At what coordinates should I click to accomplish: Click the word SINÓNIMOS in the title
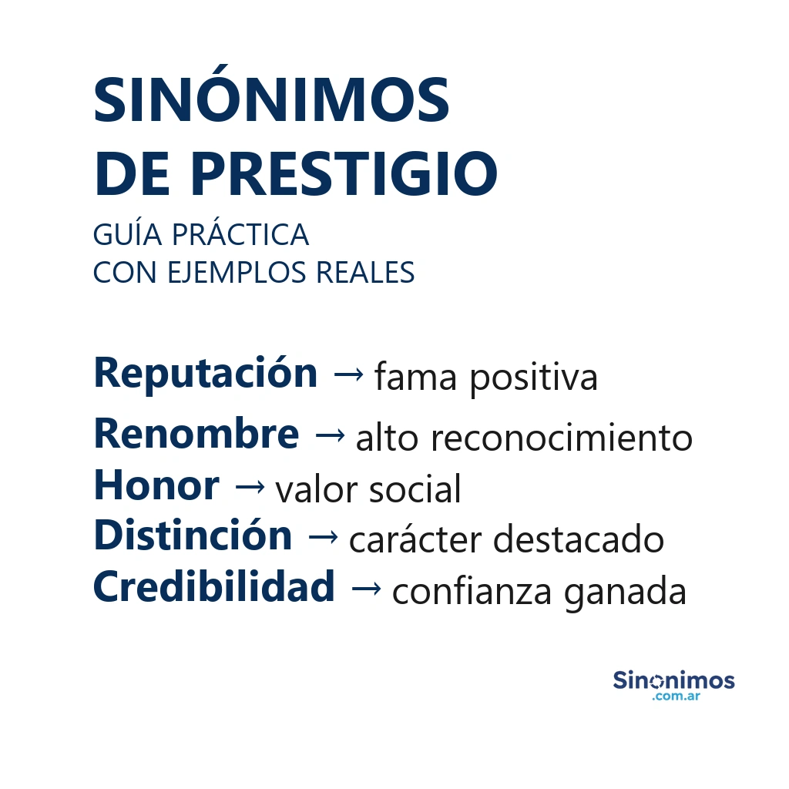271,101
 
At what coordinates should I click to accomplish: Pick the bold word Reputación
205,374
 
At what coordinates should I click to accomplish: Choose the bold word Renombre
196,435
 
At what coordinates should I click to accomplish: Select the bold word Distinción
193,536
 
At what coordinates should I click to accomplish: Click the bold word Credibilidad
213,588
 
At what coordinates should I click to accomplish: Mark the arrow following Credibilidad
365,589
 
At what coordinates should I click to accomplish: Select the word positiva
533,378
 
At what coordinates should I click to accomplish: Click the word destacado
578,539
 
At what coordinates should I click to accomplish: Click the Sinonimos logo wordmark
673,680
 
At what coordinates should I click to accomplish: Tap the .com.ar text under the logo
675,697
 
